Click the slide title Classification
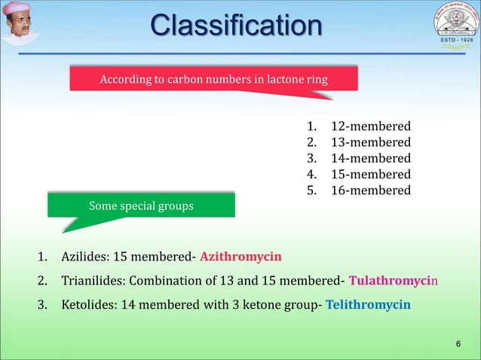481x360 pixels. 236,26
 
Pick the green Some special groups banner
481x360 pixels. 141,206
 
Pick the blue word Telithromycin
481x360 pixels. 368,304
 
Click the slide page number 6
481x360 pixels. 458,344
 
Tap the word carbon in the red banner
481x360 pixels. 180,79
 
